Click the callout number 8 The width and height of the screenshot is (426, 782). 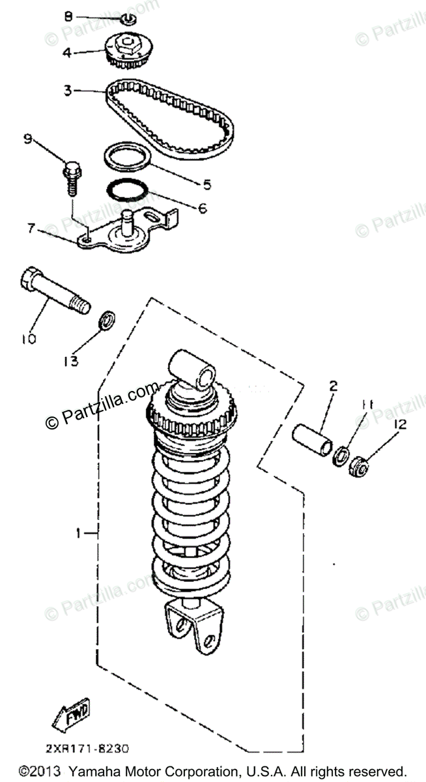68,16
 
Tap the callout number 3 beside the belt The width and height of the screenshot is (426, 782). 67,91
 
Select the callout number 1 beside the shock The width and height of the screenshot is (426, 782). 79,534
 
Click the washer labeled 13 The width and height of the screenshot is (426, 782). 107,320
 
